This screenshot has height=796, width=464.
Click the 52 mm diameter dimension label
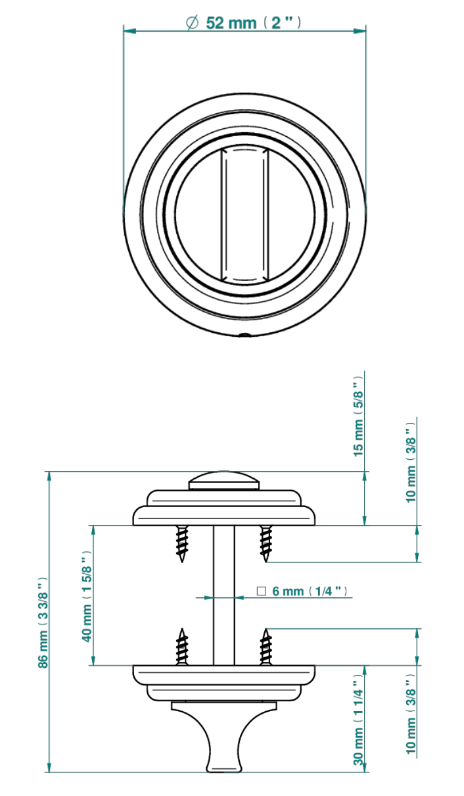[x=244, y=23]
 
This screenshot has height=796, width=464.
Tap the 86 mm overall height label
[x=43, y=622]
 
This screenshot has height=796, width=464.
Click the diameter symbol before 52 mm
[x=192, y=23]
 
